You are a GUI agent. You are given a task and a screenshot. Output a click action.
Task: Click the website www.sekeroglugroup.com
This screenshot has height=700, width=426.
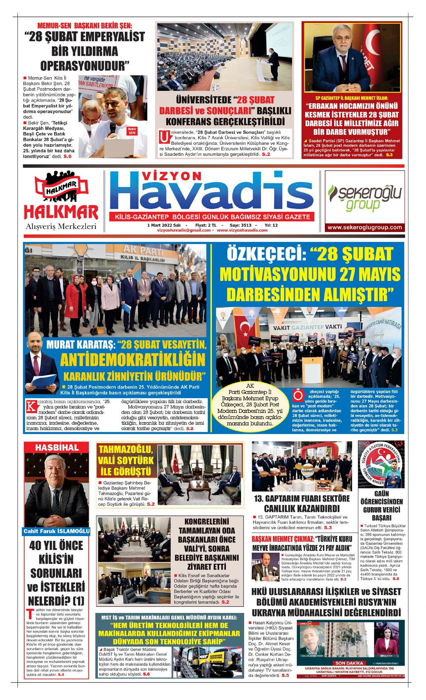tap(365, 228)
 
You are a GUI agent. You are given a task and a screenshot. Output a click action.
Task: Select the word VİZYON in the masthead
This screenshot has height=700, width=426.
tap(171, 176)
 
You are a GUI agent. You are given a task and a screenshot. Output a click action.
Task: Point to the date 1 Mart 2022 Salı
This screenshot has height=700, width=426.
tap(164, 225)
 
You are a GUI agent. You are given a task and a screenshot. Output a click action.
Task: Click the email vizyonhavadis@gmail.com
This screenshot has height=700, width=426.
tap(184, 230)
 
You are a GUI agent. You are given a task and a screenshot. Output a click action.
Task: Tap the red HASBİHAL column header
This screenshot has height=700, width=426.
tap(57, 448)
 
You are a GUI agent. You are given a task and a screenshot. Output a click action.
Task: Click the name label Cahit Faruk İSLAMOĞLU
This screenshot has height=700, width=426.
tap(56, 531)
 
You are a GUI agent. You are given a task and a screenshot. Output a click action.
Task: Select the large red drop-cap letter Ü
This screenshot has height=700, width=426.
tap(164, 137)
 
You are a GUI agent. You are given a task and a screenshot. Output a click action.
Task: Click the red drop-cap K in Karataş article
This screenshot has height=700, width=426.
tap(32, 406)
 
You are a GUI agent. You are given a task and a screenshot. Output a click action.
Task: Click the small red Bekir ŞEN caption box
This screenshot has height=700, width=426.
tap(132, 131)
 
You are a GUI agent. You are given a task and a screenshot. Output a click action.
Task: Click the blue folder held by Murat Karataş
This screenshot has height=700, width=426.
tap(43, 381)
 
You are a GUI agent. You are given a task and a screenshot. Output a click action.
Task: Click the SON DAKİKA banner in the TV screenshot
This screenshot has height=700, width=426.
tap(349, 663)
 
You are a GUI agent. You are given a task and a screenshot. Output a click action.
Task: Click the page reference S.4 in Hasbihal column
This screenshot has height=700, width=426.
tap(61, 674)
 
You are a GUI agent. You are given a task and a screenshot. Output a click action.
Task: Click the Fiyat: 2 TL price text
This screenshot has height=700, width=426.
tap(206, 225)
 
